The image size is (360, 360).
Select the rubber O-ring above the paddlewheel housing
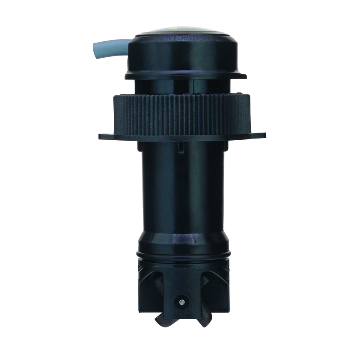click(x=182, y=254)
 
